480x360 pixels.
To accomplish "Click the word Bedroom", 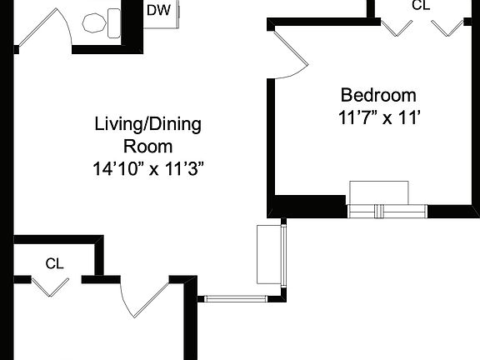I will coord(377,95).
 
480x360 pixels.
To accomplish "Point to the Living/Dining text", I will coord(148,126).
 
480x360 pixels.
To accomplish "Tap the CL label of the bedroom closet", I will coord(422,5).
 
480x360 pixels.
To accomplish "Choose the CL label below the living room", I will coord(55,264).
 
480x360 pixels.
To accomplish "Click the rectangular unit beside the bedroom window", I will coord(379,192).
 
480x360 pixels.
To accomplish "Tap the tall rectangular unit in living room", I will coord(269,254).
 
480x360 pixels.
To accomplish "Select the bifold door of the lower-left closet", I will coord(51,285).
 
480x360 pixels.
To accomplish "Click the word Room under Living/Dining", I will coord(148,147).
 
